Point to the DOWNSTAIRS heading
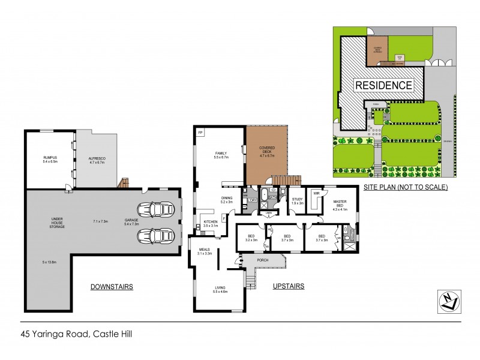[112, 287]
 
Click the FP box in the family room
[201, 131]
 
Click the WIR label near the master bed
[316, 193]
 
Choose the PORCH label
[262, 260]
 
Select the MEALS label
[205, 251]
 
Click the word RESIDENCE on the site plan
[384, 85]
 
